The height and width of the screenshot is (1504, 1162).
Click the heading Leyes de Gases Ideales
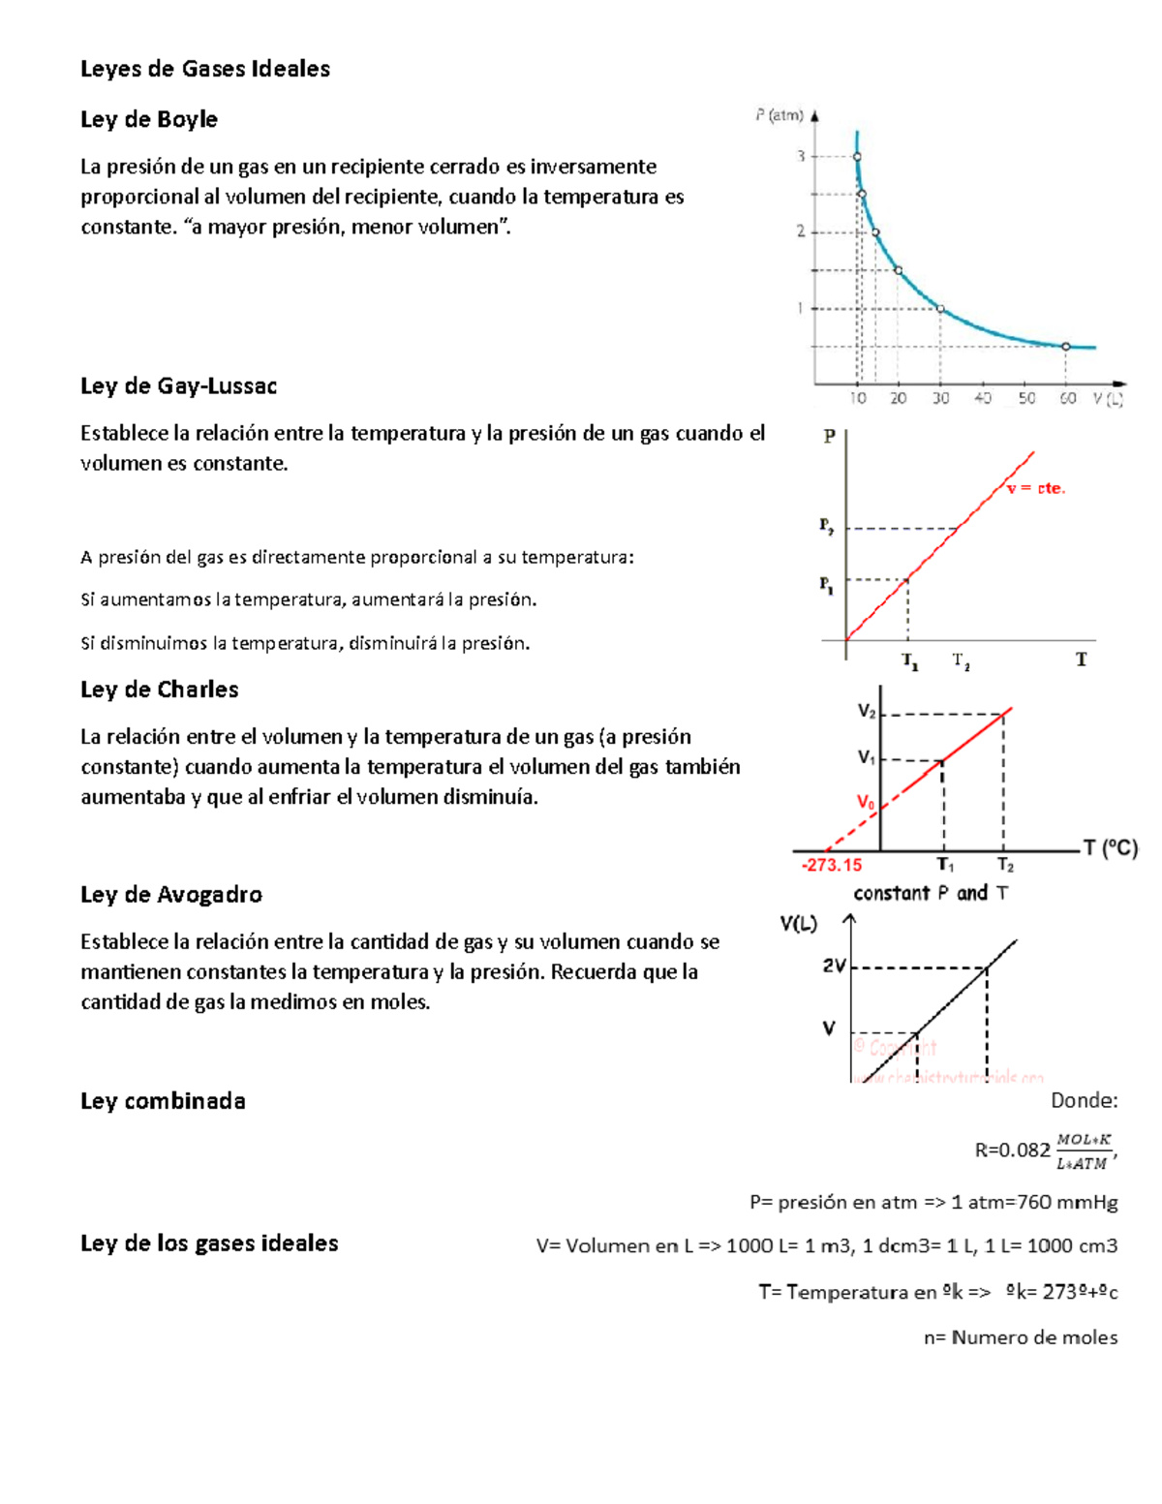[204, 69]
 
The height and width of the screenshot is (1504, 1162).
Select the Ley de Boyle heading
[148, 119]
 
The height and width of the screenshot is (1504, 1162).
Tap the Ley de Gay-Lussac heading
[178, 385]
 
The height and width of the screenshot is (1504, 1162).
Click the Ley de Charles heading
[159, 690]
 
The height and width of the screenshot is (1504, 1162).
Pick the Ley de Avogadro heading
[170, 894]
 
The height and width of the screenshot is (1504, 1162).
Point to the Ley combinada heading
[163, 1101]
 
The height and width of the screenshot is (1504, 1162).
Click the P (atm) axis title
[780, 115]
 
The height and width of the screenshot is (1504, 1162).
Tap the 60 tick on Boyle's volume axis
[1067, 398]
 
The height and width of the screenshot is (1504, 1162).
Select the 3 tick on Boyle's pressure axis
[801, 156]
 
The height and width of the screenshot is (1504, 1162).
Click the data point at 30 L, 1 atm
[940, 309]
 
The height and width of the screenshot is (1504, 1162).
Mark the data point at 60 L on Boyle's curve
[1066, 346]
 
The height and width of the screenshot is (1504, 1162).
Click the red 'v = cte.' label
[1035, 489]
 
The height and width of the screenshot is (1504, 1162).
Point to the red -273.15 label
[831, 865]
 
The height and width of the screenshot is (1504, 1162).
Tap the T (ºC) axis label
[1110, 848]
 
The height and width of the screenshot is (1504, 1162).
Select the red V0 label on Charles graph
[865, 803]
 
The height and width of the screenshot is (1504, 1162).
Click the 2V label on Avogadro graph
[834, 966]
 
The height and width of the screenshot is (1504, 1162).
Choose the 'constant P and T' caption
[930, 893]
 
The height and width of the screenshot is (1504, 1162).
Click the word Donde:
[1084, 1100]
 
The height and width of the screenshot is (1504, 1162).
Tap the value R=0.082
[1012, 1151]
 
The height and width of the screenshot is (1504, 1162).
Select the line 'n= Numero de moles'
[1020, 1337]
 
